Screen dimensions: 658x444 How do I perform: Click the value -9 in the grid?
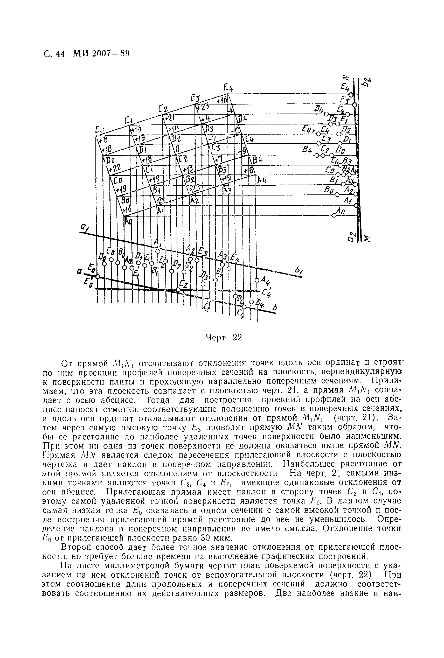[x=242, y=150]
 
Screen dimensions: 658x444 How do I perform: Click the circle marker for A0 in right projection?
[x=334, y=216]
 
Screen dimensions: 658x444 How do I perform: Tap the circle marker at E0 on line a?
[x=98, y=277]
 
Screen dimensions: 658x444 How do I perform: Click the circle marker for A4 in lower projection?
[x=257, y=280]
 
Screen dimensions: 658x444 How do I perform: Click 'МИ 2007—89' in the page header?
[x=101, y=53]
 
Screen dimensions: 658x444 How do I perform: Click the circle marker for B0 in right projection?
[x=337, y=194]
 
